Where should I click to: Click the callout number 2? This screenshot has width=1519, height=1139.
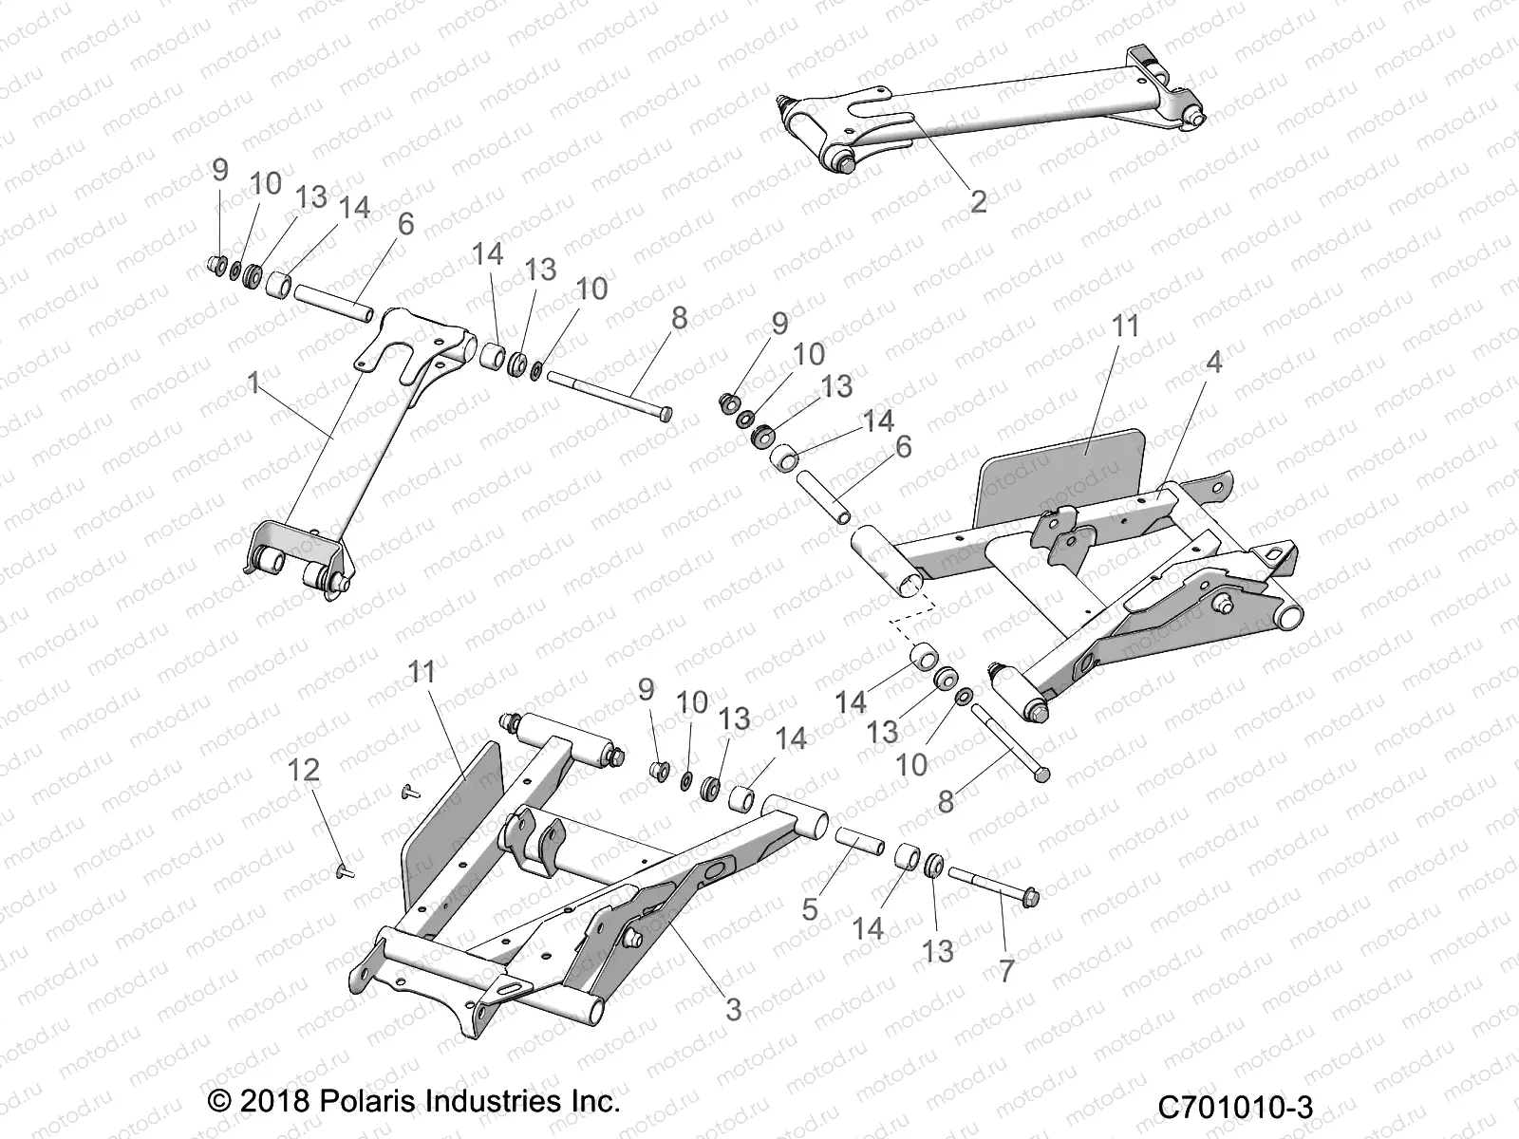[x=979, y=200]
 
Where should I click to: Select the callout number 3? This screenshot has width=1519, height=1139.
[x=734, y=1009]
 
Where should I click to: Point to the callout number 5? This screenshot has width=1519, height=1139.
[x=810, y=908]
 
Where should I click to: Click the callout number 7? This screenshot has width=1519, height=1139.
[x=1006, y=969]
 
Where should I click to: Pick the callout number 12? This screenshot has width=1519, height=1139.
[x=304, y=771]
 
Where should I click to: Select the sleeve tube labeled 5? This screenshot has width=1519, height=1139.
[x=859, y=841]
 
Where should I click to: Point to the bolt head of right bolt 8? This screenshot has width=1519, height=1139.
[x=1041, y=775]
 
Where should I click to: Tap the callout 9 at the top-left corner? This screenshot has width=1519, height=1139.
[x=220, y=170]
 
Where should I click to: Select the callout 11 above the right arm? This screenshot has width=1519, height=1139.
[x=1125, y=326]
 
